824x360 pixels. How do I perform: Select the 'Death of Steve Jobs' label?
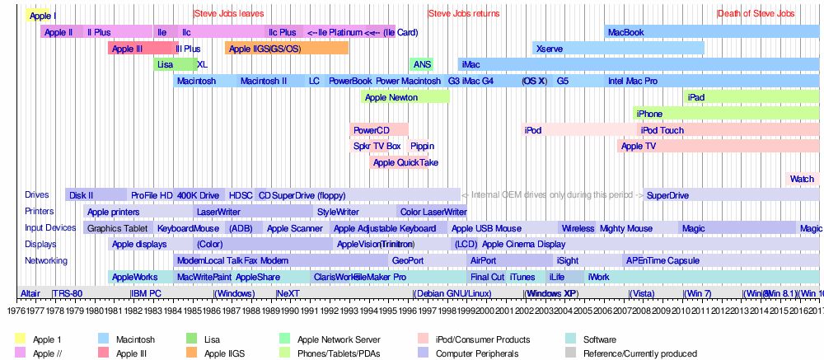[x=756, y=14]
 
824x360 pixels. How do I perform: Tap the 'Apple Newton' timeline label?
[x=391, y=97]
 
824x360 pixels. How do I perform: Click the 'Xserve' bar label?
[x=550, y=49]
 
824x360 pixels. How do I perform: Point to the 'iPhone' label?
[x=649, y=114]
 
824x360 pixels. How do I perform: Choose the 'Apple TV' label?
[x=638, y=146]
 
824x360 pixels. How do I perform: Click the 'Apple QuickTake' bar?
[x=405, y=162]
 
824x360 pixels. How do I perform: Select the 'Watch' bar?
[x=802, y=179]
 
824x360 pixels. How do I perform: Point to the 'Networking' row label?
[x=45, y=260]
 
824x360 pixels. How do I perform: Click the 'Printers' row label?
[x=40, y=212]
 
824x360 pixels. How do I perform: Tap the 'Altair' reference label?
[x=30, y=293]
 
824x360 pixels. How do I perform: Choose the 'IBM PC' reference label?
[x=146, y=293]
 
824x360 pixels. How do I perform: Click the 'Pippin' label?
[x=421, y=146]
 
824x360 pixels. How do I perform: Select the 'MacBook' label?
[x=625, y=32]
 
